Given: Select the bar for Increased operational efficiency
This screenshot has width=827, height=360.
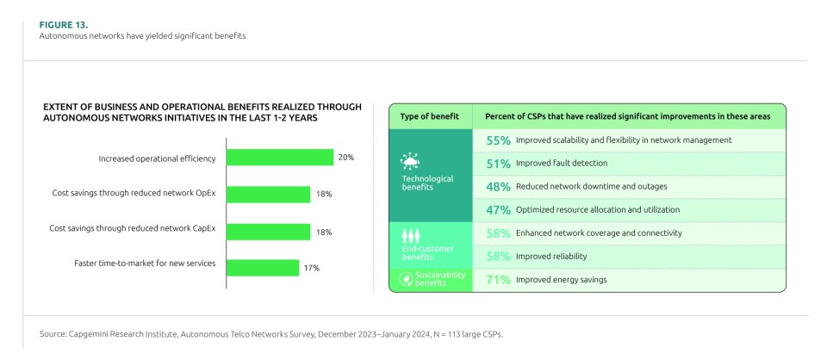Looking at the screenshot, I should coord(279,158).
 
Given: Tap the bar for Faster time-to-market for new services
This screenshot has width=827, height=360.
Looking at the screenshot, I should coord(263,268).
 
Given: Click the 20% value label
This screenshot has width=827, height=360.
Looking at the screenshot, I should coord(345,158).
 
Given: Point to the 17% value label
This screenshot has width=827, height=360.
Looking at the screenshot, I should coord(312,268).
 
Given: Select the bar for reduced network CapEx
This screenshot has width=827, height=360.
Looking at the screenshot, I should coord(268,232).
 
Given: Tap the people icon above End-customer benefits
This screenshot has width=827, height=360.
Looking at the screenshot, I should coord(410,234).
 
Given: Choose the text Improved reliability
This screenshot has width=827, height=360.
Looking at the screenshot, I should coord(551,256).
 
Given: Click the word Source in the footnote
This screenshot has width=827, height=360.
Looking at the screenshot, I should coord(53,333).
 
